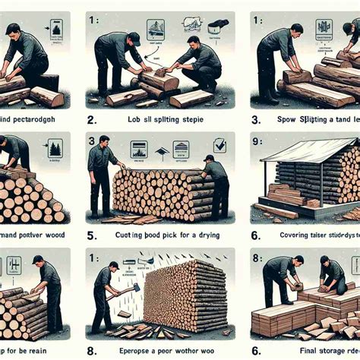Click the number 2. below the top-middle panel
(91, 119)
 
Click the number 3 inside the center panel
(93, 140)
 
